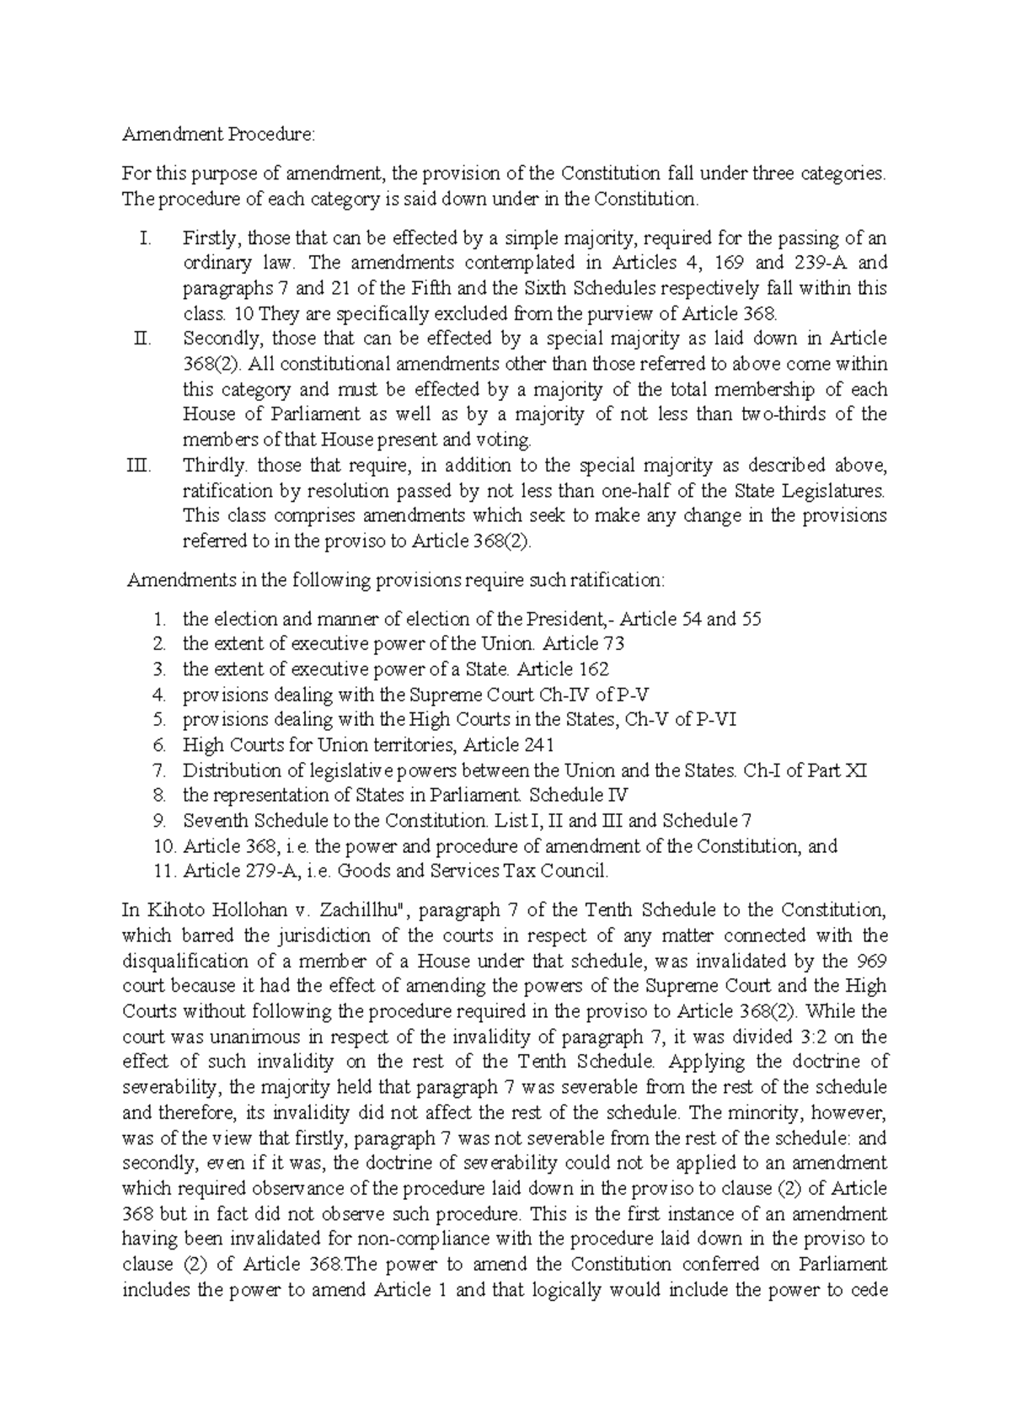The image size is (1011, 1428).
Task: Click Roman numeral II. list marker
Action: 142,339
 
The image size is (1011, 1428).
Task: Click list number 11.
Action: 164,871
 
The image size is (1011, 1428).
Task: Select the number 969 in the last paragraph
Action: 870,962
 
